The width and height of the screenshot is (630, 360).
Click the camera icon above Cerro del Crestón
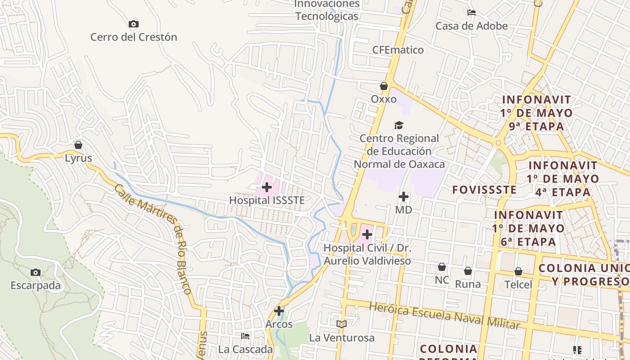(133, 24)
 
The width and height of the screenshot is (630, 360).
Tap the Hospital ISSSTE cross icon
(267, 187)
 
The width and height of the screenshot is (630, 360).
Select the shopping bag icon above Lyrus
(78, 145)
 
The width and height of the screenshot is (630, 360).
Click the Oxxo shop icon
(384, 86)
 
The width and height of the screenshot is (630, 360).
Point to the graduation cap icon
(399, 125)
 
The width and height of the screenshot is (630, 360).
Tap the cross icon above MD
(404, 197)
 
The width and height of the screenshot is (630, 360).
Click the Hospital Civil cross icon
(367, 234)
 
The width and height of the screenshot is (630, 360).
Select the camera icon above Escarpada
(36, 272)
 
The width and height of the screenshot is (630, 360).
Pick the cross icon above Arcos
(279, 311)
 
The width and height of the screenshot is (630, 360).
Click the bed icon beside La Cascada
(245, 336)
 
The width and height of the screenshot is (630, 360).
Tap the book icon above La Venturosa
(342, 324)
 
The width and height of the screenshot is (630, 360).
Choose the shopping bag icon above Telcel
(518, 271)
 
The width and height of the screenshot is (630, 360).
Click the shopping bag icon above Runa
(468, 271)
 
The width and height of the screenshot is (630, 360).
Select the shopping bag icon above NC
(442, 267)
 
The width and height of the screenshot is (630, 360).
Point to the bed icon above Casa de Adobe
(472, 13)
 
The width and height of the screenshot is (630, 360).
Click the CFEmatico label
(398, 49)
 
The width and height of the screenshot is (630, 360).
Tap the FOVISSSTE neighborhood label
(484, 189)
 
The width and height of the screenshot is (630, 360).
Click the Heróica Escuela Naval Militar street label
(445, 315)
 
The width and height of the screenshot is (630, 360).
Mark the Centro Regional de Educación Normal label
(399, 151)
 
